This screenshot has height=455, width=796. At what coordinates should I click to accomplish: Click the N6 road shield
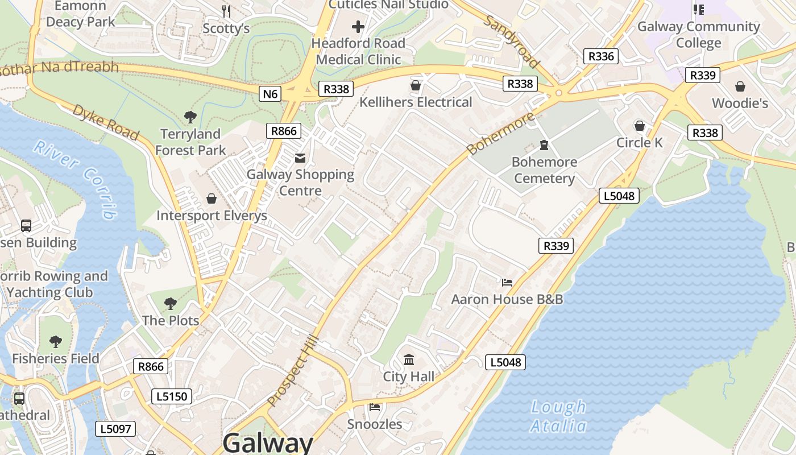[270, 94]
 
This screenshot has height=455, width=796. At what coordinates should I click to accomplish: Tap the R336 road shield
[601, 56]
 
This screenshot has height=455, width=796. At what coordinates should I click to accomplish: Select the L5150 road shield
[171, 396]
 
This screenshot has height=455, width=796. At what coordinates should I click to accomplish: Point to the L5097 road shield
[115, 429]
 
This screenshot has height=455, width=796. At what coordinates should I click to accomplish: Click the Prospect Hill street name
[295, 370]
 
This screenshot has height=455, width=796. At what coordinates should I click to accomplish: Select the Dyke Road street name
[106, 122]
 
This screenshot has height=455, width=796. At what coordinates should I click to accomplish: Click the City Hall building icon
[408, 359]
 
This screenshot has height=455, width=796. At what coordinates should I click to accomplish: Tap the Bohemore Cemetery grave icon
[544, 145]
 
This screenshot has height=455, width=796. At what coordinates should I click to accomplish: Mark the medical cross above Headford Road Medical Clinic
[358, 26]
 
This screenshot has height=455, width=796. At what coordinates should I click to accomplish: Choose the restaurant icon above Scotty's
[226, 11]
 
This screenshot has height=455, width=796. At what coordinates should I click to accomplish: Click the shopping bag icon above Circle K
[640, 125]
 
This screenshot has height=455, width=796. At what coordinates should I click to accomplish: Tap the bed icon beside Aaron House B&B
[507, 282]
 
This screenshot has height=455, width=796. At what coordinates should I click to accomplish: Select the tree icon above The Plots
[170, 303]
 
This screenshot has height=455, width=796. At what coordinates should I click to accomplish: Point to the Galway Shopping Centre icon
[300, 158]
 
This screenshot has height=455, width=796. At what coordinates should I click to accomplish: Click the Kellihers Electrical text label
[416, 102]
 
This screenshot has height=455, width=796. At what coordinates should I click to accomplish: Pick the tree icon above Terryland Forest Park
[190, 117]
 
